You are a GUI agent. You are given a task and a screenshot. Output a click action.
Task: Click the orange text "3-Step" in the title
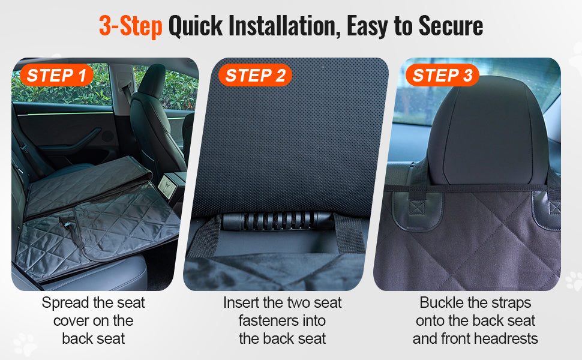130,27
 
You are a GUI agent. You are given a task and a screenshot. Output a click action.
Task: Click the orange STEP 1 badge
56,76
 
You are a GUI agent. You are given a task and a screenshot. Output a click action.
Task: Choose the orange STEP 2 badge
255,76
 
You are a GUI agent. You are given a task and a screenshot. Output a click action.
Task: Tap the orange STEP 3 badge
442,76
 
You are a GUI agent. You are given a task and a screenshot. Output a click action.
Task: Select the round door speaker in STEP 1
107,136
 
